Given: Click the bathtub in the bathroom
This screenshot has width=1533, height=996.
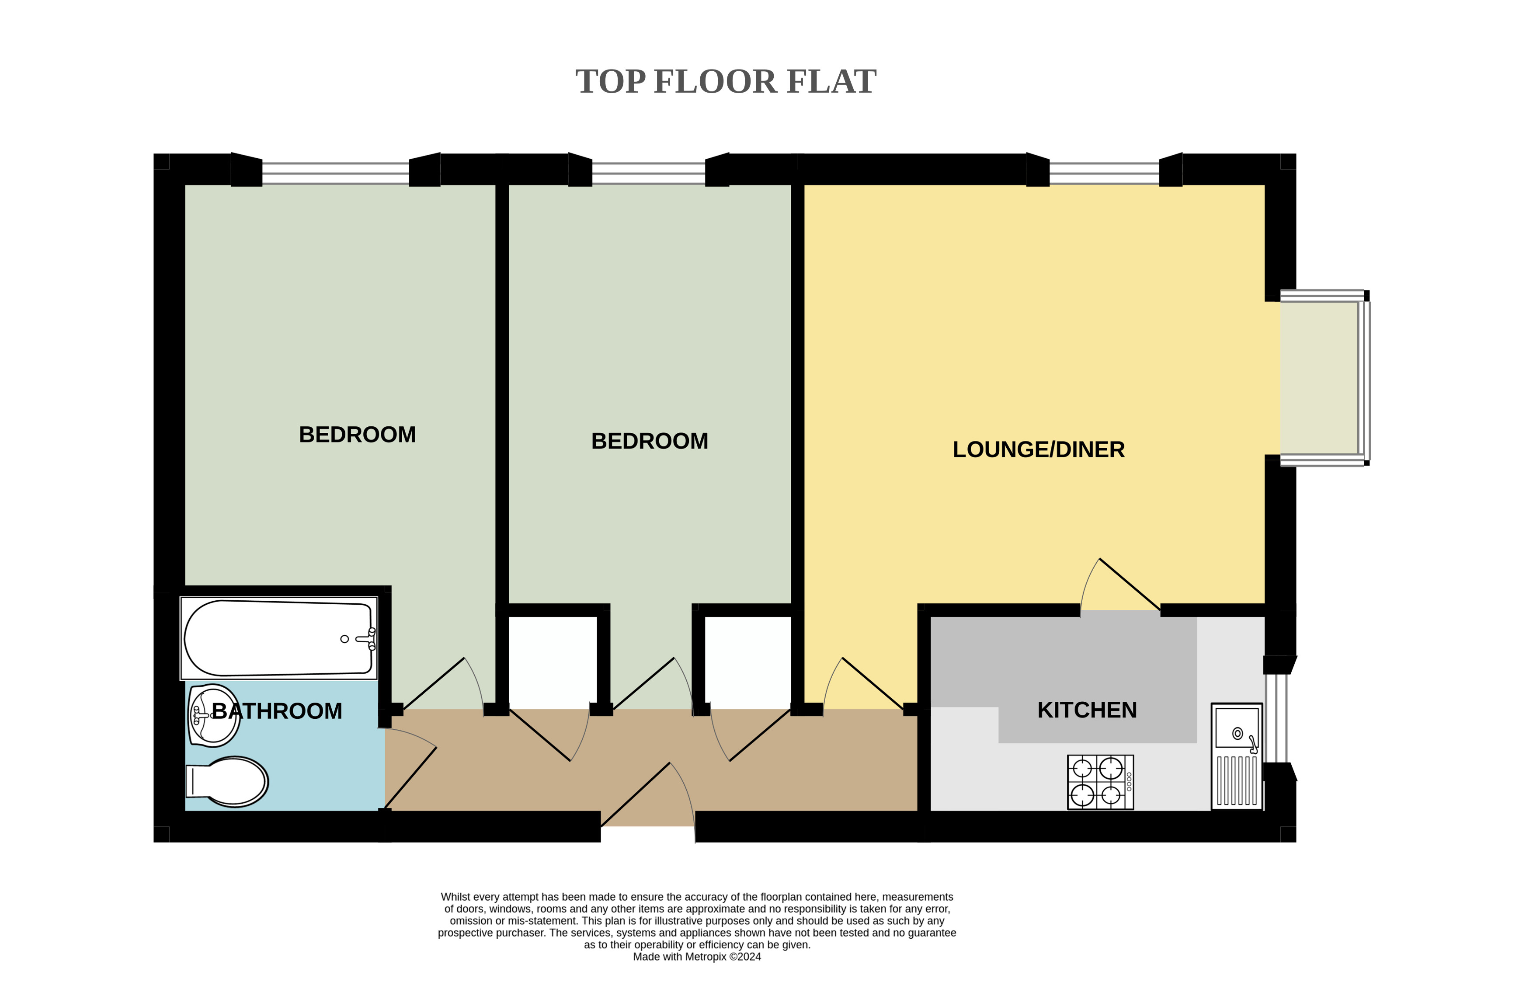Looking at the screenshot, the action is (x=278, y=638).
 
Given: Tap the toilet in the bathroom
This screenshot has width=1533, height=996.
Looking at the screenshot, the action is (x=227, y=781).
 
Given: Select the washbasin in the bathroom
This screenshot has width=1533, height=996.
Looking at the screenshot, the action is (x=214, y=715).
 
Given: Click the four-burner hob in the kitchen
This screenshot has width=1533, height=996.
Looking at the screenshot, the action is (x=1100, y=782).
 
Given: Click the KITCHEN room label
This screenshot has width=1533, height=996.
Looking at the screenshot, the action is (x=1087, y=710).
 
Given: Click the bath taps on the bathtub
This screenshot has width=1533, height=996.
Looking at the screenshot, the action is (x=367, y=639).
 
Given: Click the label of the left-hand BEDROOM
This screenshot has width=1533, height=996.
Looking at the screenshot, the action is (x=358, y=435).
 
